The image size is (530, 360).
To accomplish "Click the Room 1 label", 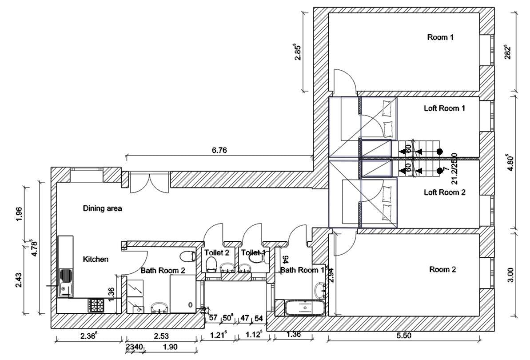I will click(x=440, y=37).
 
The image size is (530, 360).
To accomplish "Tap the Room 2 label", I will click(x=442, y=269).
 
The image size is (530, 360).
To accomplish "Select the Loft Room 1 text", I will click(x=444, y=108).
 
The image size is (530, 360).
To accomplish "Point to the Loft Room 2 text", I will click(x=444, y=192).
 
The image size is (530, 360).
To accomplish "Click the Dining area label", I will click(x=102, y=208).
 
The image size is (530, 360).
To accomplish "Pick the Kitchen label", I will click(x=96, y=259).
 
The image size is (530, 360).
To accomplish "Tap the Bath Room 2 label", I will click(x=162, y=270).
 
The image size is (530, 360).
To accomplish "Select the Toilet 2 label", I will click(x=216, y=252).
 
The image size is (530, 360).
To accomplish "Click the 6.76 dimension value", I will click(x=219, y=151).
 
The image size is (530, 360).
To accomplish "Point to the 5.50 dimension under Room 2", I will click(x=403, y=336).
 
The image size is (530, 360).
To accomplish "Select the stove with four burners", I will click(x=96, y=304).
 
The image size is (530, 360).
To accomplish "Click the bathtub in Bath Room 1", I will click(x=305, y=308).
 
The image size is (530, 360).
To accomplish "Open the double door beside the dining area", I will click(x=148, y=182).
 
